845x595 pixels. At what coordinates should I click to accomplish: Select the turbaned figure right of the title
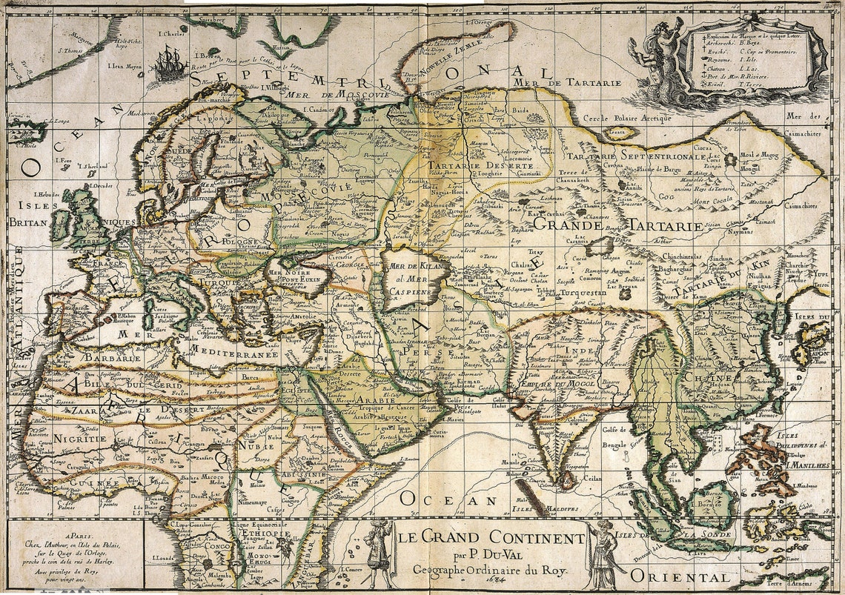pos(602,554)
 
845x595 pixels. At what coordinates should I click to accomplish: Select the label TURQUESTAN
pos(583,292)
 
